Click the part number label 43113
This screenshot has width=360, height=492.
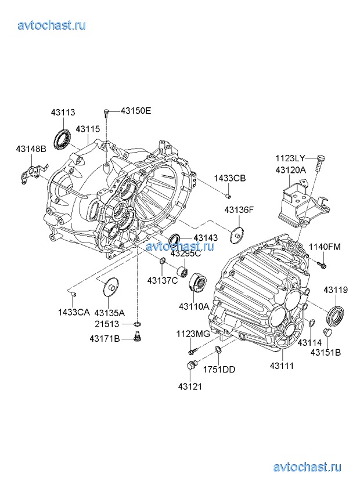(x=63, y=113)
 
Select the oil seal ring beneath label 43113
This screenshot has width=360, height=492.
(x=62, y=138)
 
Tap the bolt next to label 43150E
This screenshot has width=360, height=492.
(x=106, y=113)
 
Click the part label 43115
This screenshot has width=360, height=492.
(x=88, y=129)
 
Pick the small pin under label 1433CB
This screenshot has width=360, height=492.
(x=229, y=196)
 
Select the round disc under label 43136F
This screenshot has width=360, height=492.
(x=237, y=234)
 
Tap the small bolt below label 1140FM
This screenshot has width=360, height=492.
(x=322, y=265)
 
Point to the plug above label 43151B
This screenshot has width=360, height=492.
(x=327, y=332)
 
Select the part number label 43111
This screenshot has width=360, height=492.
(x=282, y=366)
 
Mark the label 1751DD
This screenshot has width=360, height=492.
(x=219, y=370)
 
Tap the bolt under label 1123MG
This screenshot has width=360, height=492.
(x=193, y=351)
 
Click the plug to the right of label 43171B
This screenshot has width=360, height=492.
(x=137, y=337)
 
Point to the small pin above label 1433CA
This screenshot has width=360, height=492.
(x=73, y=294)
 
